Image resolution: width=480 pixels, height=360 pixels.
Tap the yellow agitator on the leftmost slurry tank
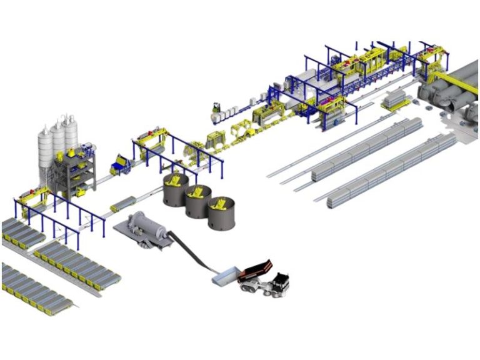(176, 181)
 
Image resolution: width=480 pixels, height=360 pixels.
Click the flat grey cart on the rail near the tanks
(124, 204)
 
